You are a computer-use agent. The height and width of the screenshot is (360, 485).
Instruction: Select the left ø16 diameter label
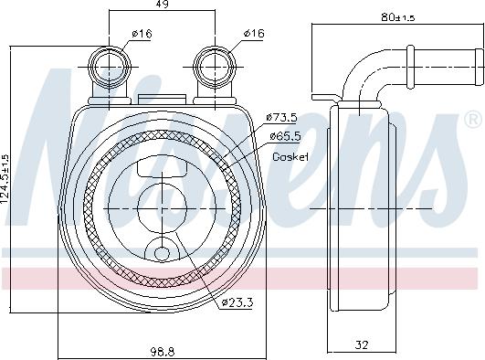[141, 34]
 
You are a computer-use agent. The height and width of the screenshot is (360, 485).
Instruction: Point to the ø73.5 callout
[281, 117]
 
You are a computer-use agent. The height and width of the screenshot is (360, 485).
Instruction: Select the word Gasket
[290, 157]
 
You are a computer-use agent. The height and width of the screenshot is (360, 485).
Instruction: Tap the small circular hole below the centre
[161, 254]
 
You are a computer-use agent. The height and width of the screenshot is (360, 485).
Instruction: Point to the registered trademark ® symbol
[473, 120]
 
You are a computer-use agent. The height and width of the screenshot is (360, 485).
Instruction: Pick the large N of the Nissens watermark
[69, 137]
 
